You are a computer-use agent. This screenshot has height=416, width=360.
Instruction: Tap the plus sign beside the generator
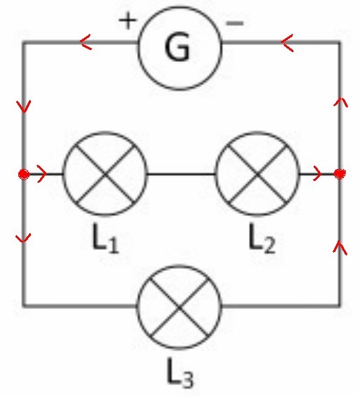click(x=127, y=20)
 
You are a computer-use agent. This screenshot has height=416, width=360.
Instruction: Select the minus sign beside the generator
click(x=235, y=23)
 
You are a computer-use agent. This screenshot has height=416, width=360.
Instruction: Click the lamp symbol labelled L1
click(x=105, y=173)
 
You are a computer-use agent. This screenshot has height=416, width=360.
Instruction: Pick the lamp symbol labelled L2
click(x=257, y=173)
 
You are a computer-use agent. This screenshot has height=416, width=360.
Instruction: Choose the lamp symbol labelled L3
click(x=179, y=306)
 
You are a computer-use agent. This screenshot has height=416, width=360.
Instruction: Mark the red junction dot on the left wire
click(x=24, y=174)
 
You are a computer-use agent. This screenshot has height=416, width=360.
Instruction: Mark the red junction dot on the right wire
click(x=340, y=174)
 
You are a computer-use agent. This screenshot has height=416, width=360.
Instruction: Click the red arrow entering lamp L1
click(x=42, y=174)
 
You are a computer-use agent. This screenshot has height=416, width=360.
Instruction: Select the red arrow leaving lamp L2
click(x=317, y=173)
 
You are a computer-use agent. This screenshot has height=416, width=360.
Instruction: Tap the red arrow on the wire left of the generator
click(x=86, y=42)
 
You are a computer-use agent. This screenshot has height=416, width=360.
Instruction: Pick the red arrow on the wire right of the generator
click(x=287, y=42)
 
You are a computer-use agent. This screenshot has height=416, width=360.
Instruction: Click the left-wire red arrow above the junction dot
click(x=24, y=106)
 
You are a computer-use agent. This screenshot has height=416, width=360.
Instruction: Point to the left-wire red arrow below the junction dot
click(x=23, y=238)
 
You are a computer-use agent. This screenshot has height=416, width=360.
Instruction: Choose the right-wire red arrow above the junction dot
click(x=340, y=102)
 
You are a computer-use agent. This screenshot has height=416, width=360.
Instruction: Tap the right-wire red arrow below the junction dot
click(x=340, y=248)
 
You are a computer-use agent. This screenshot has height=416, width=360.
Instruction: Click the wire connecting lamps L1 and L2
click(x=181, y=174)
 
